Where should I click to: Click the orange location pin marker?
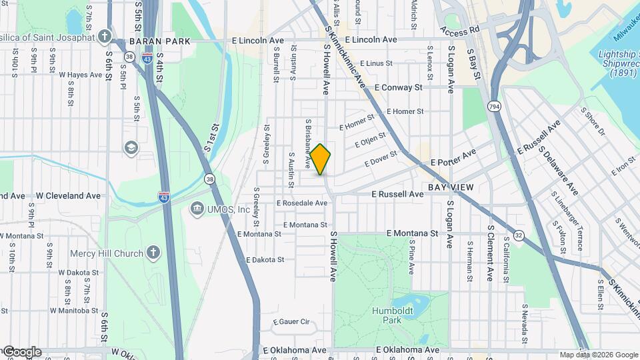tap(321, 159)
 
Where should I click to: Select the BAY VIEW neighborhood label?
tap(451, 187)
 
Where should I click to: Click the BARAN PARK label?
tap(160, 41)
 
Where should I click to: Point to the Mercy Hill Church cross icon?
tap(153, 253)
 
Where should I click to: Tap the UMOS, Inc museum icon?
tap(197, 210)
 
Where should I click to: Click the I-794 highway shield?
tap(494, 107)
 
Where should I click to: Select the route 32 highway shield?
tap(518, 235)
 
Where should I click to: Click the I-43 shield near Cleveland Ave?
tap(164, 197)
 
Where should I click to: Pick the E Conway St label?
tap(399, 87)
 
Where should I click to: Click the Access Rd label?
tap(460, 31)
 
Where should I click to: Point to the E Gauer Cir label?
tap(291, 321)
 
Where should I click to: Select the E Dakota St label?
tap(265, 259)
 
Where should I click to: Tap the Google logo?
tap(21, 352)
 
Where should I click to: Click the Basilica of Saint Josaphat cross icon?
tap(104, 36)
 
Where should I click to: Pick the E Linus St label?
tap(376, 63)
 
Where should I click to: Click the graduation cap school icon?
tap(131, 147)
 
